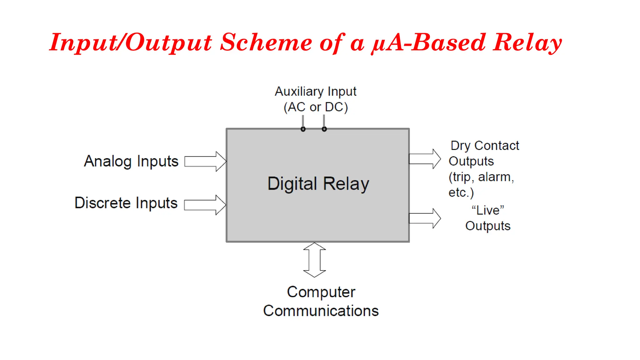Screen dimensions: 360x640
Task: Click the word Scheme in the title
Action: [x=266, y=42]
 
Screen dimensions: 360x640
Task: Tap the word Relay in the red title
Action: [x=527, y=42]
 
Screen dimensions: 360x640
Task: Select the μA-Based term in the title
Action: [x=428, y=42]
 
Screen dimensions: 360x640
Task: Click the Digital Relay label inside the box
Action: [x=318, y=184]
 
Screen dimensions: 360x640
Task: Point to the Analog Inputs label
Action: [x=131, y=162]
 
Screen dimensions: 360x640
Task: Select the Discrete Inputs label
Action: [x=126, y=203]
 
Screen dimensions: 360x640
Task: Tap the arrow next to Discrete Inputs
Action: [x=205, y=205]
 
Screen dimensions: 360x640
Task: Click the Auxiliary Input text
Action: [x=316, y=92]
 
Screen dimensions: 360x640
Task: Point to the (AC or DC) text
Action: [x=316, y=107]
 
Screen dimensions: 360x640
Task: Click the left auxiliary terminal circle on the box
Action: [x=303, y=129]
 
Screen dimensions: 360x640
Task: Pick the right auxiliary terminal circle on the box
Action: [x=324, y=129]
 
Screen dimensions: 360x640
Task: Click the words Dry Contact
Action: [x=484, y=146]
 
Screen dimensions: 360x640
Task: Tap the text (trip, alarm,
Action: [x=481, y=177]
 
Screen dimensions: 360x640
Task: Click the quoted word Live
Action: [x=487, y=210]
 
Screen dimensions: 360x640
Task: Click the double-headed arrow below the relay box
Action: [x=315, y=260]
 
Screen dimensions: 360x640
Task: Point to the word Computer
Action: [x=321, y=292]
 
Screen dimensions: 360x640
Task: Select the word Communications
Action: [x=321, y=311]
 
